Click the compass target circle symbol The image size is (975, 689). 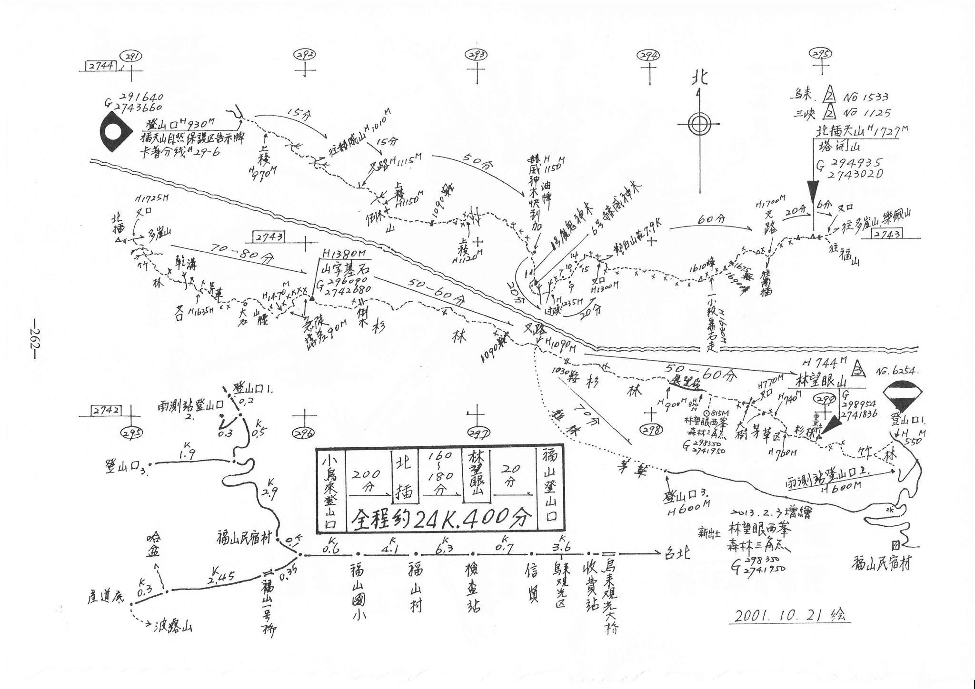[698, 125]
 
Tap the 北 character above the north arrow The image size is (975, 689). [699, 78]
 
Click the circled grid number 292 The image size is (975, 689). [305, 55]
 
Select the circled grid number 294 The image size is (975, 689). [649, 56]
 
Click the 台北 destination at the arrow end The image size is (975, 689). [677, 554]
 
